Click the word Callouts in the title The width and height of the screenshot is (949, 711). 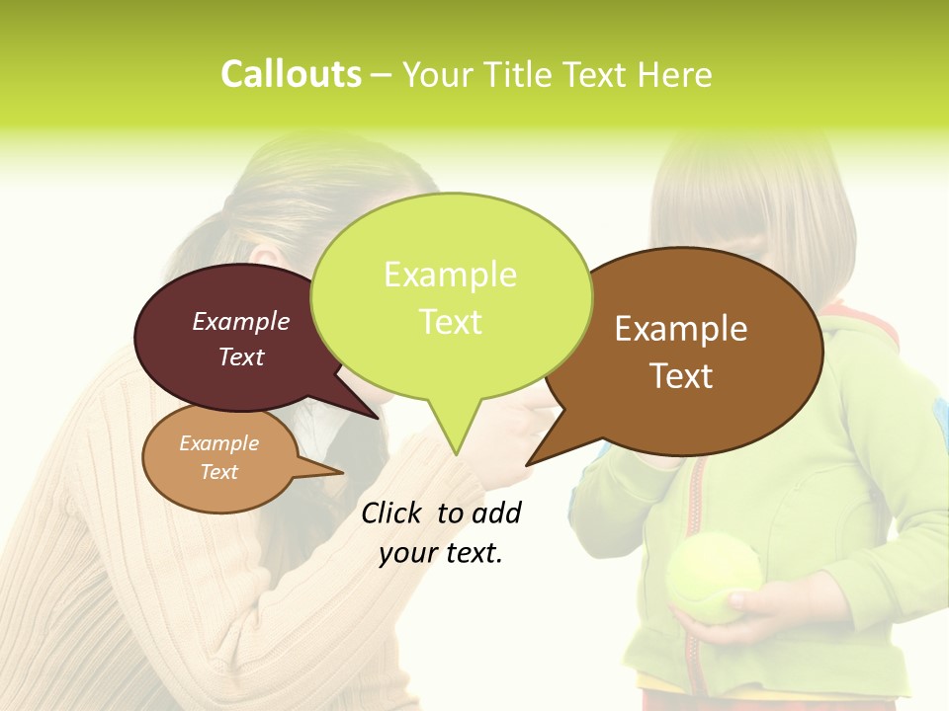tap(291, 74)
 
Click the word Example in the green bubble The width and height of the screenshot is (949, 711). tap(450, 275)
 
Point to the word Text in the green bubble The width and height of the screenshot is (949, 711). tap(450, 322)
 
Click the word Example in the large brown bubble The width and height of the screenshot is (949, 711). tap(681, 329)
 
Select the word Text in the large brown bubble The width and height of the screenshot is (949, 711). tap(681, 376)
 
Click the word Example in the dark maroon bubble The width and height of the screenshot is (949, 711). tap(241, 321)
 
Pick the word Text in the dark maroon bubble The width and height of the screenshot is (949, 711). tap(241, 357)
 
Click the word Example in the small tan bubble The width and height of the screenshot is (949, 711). tap(218, 443)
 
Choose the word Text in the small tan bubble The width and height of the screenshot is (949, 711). tap(218, 472)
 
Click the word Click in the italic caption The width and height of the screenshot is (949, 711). tap(392, 513)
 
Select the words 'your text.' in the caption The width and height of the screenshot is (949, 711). tap(441, 553)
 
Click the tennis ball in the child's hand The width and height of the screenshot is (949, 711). tap(713, 578)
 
